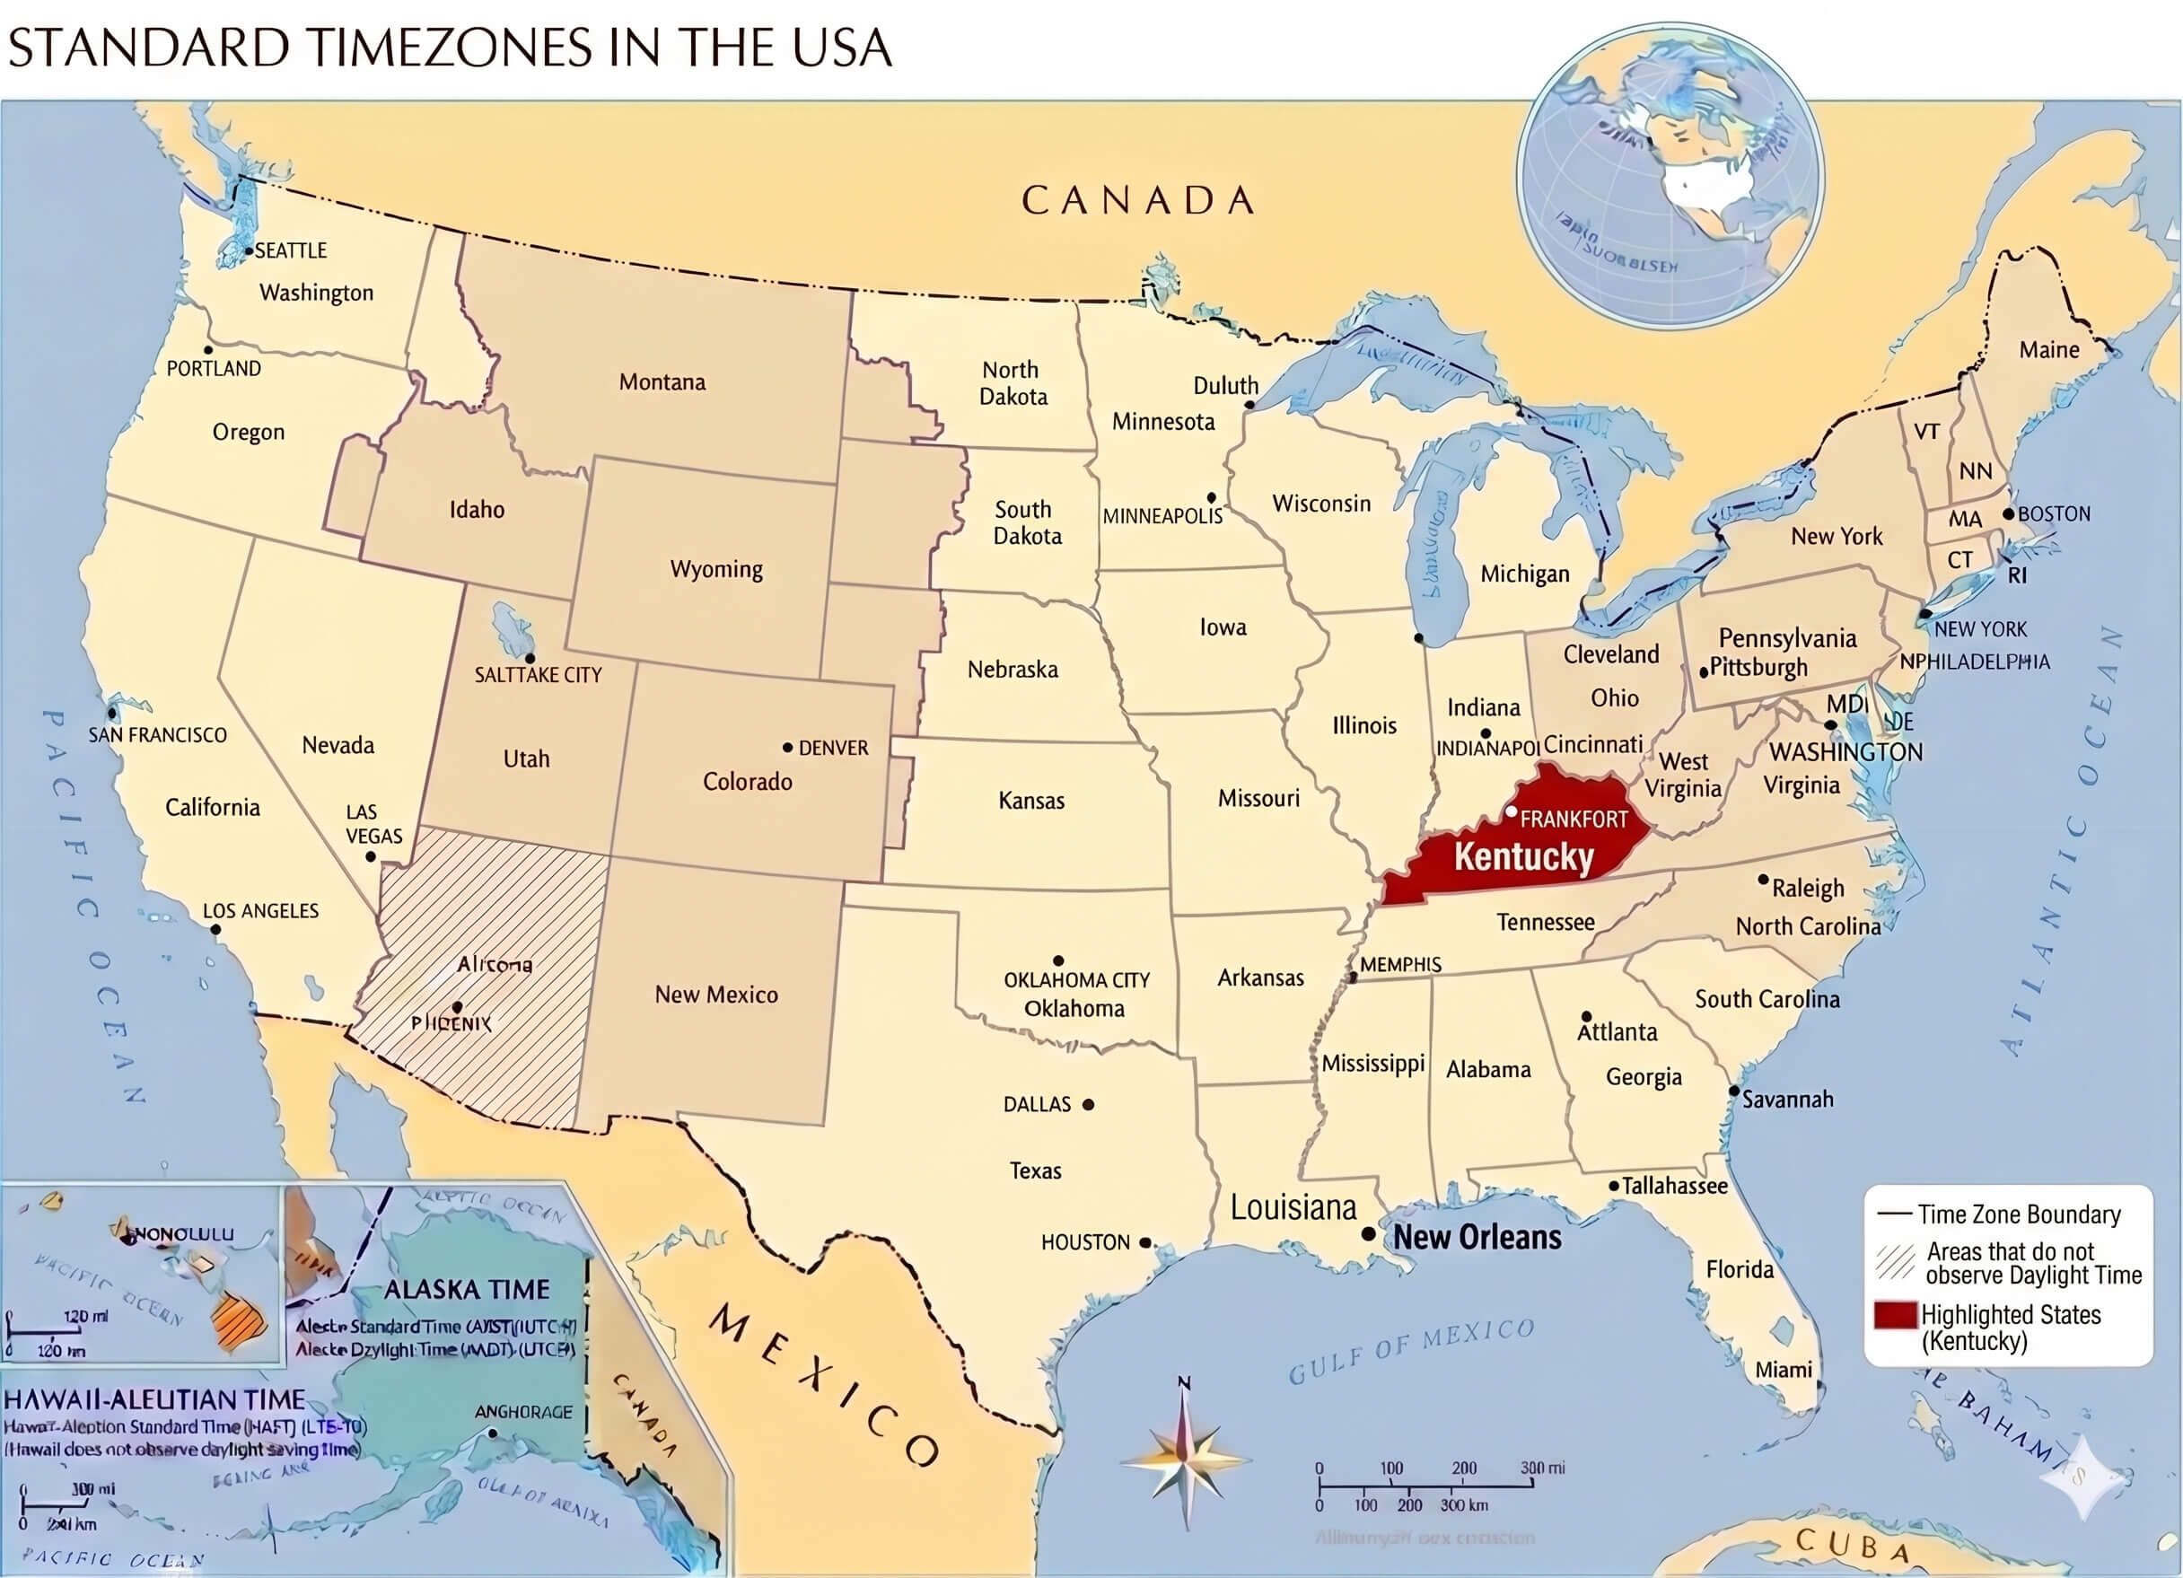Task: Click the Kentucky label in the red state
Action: (x=1522, y=856)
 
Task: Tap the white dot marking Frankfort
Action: (x=1512, y=812)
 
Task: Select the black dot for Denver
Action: (x=787, y=747)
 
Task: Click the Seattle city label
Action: (x=290, y=250)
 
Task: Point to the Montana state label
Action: (x=662, y=382)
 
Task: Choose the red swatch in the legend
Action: (x=1894, y=1315)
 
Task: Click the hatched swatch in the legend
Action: (x=1895, y=1262)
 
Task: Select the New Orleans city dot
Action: (x=1368, y=1234)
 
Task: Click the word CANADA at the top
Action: (x=1137, y=200)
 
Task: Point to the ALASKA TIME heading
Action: (x=467, y=1289)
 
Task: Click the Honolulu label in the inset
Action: (x=183, y=1234)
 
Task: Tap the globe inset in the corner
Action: (x=1670, y=175)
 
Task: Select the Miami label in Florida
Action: (x=1783, y=1369)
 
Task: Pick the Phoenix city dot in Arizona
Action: (x=457, y=1007)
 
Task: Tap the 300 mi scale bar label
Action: (x=1542, y=1468)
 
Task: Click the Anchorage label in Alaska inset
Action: (x=522, y=1413)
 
